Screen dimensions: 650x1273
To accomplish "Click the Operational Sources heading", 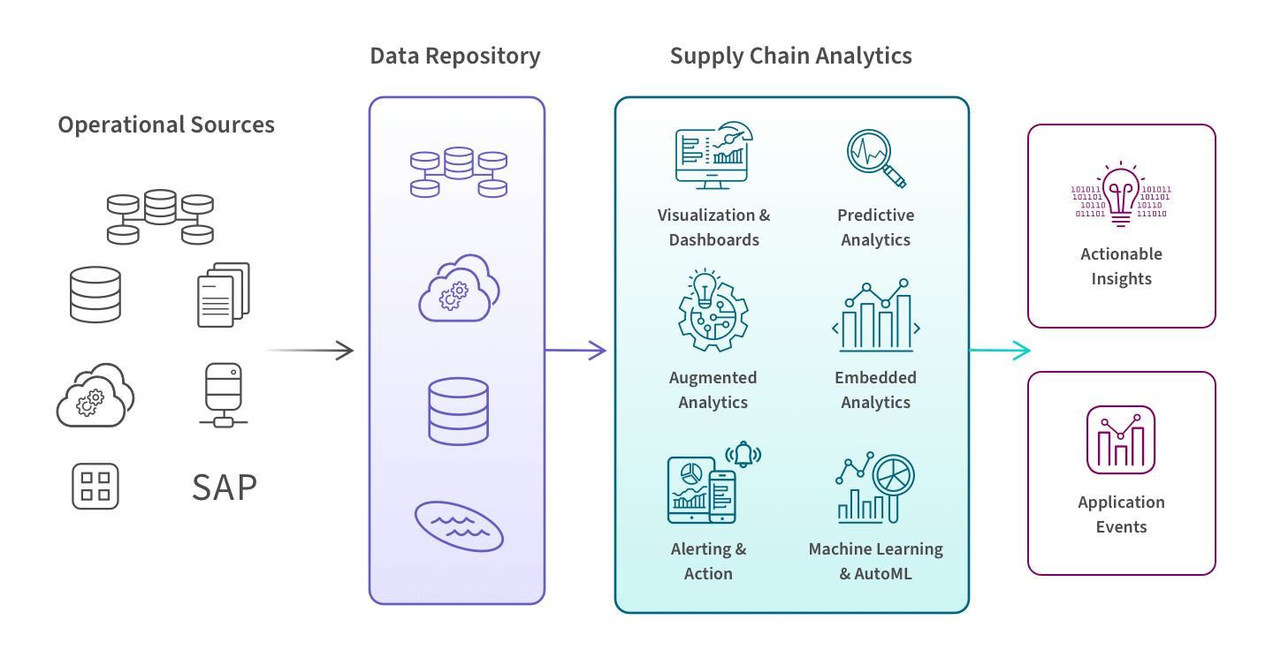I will pos(166,125).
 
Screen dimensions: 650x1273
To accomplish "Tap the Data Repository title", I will pos(455,57).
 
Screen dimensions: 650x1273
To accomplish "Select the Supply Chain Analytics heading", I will pos(790,57).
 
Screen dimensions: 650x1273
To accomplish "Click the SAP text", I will pos(225,487).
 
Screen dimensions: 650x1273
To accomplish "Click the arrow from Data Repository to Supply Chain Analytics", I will pos(577,351).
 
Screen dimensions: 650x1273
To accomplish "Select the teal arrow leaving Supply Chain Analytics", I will pos(1000,351).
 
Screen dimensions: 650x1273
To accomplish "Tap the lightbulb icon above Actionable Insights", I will pos(1120,192).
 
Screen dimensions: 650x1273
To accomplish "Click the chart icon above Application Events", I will pos(1120,440).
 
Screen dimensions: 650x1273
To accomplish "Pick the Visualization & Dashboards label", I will pos(713,227).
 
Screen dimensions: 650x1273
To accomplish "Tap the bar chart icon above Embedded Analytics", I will pos(875,315).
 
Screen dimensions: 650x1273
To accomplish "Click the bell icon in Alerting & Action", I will pos(743,454).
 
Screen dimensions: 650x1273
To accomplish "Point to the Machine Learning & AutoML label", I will pos(875,561).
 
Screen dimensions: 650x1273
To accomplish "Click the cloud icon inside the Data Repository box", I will pos(458,287).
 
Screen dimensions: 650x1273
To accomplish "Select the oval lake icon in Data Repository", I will pos(459,526).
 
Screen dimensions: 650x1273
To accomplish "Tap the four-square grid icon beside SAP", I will pos(95,487).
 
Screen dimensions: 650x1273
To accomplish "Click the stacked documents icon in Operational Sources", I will pos(223,294).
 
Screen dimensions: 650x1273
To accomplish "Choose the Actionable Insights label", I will pos(1121,266).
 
